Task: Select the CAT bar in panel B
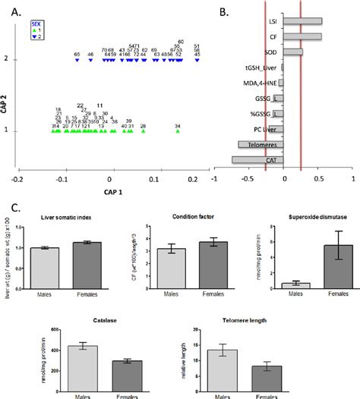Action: coord(258,160)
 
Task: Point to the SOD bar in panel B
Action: coord(294,52)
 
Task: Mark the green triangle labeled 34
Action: coord(178,131)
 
